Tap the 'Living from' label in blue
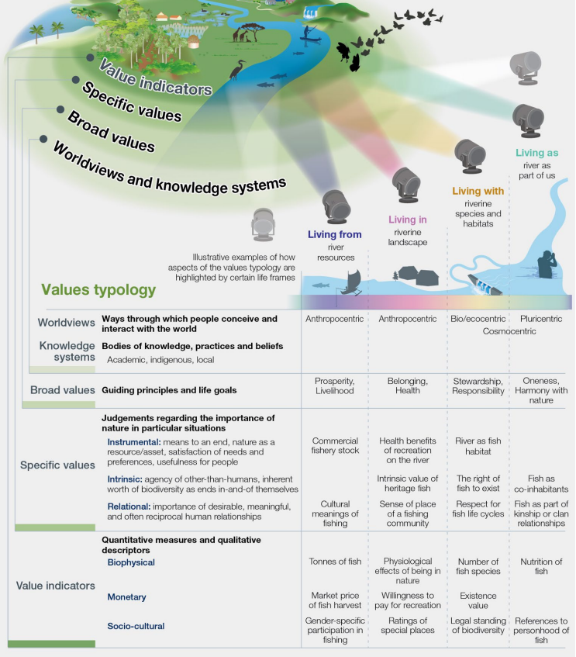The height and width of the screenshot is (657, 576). [x=335, y=234]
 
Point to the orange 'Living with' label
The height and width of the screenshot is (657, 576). [x=478, y=191]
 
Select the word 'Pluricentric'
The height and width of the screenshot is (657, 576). [x=541, y=319]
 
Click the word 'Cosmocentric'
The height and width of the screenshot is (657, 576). [x=509, y=331]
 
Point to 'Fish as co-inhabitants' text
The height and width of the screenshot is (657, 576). [x=541, y=484]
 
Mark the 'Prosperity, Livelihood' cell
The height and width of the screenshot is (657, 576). [x=335, y=386]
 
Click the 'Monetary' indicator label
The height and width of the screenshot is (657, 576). [x=127, y=597]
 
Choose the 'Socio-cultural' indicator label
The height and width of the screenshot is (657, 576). [x=136, y=625]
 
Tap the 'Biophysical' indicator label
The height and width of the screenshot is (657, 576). [x=131, y=562]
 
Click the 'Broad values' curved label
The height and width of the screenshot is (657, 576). [x=111, y=133]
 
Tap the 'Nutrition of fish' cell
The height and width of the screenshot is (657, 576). [x=541, y=566]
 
